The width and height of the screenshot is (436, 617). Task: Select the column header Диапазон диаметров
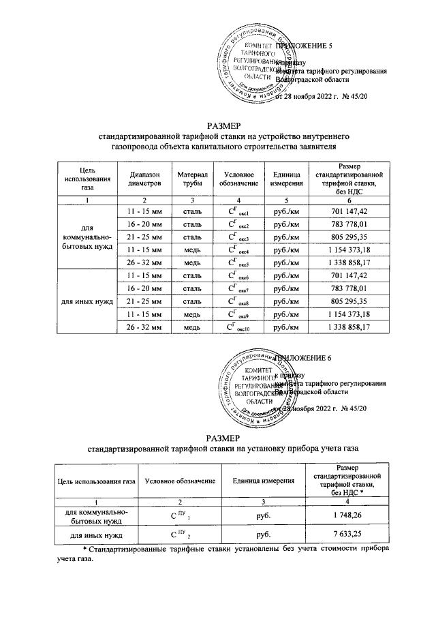tap(142, 179)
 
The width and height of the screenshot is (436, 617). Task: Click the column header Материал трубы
tap(191, 179)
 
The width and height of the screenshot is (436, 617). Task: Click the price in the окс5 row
tap(348, 262)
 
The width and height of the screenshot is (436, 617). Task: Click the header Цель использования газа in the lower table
tap(95, 481)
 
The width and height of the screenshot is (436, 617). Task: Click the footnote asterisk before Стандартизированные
tap(84, 550)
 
